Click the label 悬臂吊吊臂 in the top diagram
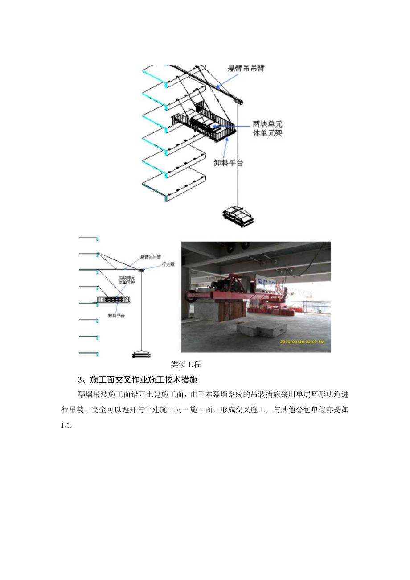click(x=246, y=68)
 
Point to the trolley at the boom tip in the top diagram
click(x=239, y=102)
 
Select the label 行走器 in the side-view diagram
click(x=168, y=264)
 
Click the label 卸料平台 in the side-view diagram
click(x=116, y=315)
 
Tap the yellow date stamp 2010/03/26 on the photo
click(x=302, y=341)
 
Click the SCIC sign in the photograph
click(x=266, y=283)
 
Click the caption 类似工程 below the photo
click(x=186, y=364)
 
